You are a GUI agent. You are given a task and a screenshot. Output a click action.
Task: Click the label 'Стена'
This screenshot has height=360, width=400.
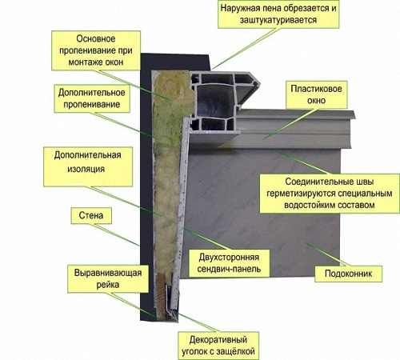click(x=91, y=215)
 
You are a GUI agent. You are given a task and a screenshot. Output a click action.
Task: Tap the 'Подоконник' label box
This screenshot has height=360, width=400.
click(x=348, y=274)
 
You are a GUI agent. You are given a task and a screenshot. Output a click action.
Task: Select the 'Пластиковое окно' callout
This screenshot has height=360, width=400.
click(x=316, y=94)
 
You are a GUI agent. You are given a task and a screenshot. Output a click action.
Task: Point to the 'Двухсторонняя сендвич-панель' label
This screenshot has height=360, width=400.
click(x=229, y=263)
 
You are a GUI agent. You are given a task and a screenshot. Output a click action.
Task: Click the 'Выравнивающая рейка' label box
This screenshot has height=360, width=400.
click(x=108, y=278)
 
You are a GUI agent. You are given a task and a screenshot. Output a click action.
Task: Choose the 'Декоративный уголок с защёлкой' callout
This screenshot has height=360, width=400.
click(x=218, y=346)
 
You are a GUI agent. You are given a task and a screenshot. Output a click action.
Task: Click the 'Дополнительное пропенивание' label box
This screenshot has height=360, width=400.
click(x=92, y=98)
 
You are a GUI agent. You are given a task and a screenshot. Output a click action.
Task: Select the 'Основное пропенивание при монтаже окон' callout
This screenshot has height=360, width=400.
click(x=96, y=50)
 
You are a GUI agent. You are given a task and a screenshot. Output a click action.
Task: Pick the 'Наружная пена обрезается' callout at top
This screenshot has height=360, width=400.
click(x=278, y=14)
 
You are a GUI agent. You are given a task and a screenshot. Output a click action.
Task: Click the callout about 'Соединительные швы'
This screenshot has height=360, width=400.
click(x=330, y=194)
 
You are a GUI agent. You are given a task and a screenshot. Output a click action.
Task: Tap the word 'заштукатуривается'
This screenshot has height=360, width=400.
click(x=278, y=20)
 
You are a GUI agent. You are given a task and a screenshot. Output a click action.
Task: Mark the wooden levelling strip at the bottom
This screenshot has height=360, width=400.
click(x=160, y=296)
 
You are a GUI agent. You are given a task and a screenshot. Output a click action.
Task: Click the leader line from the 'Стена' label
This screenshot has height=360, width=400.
click(x=117, y=235)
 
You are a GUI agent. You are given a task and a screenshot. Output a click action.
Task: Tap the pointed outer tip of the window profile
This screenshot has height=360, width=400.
click(x=259, y=83)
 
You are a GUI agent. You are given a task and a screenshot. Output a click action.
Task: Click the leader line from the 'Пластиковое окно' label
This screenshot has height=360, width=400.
click(x=290, y=124)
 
